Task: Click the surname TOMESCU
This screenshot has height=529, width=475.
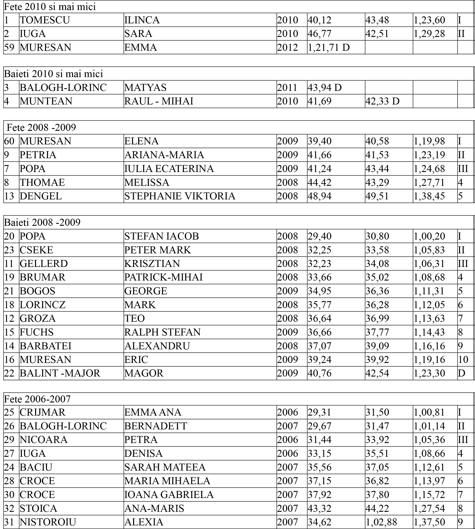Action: pyautogui.click(x=45, y=20)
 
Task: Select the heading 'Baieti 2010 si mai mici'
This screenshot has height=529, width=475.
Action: pyautogui.click(x=54, y=74)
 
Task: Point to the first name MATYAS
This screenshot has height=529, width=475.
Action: pyautogui.click(x=145, y=87)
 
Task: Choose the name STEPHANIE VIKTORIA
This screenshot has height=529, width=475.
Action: pyautogui.click(x=180, y=196)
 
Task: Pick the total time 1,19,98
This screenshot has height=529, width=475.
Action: pyautogui.click(x=429, y=141)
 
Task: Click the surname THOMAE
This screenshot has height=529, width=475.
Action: pyautogui.click(x=42, y=182)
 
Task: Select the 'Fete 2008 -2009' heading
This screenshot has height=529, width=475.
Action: pyautogui.click(x=41, y=127)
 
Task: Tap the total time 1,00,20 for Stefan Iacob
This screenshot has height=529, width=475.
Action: pyautogui.click(x=429, y=236)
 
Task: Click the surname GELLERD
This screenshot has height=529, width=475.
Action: pyautogui.click(x=44, y=264)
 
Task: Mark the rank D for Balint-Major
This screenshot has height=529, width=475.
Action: pyautogui.click(x=461, y=373)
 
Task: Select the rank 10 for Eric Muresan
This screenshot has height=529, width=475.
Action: pyautogui.click(x=463, y=360)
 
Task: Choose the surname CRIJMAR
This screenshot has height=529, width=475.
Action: pyautogui.click(x=43, y=412)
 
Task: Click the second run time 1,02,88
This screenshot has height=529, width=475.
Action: pyautogui.click(x=381, y=522)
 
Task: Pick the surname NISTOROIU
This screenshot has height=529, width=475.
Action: pyautogui.click(x=48, y=522)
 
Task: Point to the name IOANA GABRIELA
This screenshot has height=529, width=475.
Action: pyautogui.click(x=169, y=495)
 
